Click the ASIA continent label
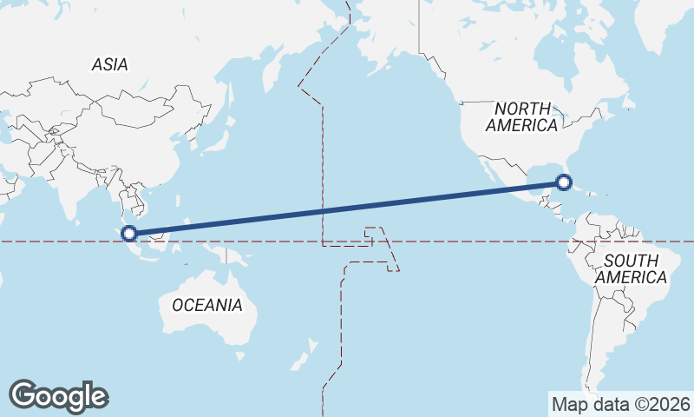(x=110, y=64)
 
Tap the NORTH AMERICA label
(x=521, y=117)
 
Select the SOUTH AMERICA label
(x=636, y=269)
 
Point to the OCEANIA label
(x=207, y=305)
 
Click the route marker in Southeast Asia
(x=129, y=233)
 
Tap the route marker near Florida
(x=564, y=182)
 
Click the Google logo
(x=58, y=396)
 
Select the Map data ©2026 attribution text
(x=620, y=404)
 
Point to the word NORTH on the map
(x=522, y=109)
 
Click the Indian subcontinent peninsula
(x=65, y=195)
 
